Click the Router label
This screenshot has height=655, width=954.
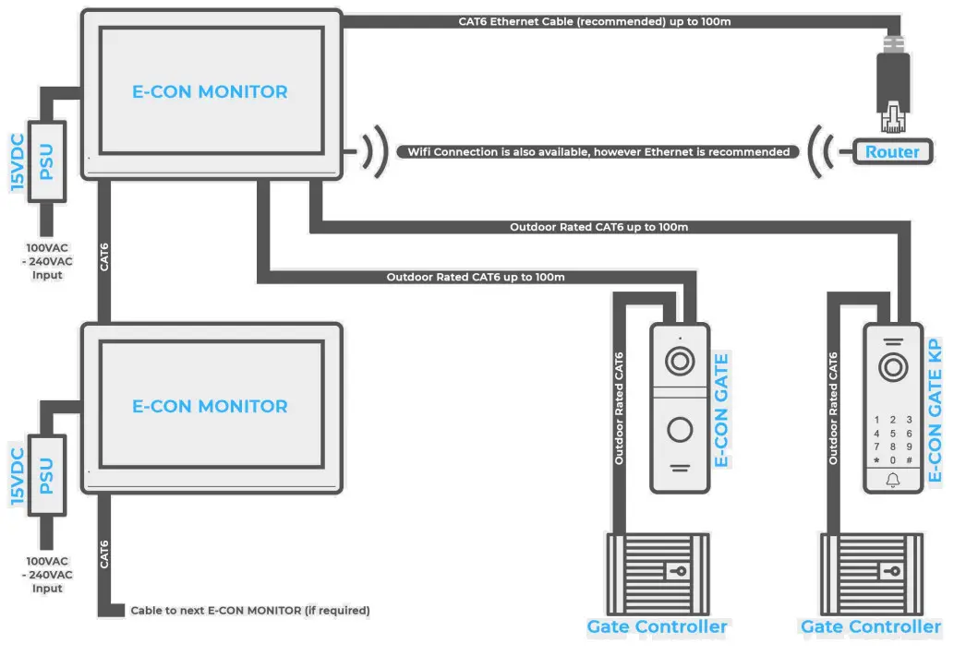(x=891, y=152)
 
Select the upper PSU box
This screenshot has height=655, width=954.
(x=46, y=162)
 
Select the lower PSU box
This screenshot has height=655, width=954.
(x=46, y=476)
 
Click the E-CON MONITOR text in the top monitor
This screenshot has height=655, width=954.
(x=210, y=92)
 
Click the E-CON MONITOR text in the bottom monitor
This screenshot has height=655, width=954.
(x=210, y=406)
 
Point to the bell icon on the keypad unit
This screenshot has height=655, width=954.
(x=892, y=480)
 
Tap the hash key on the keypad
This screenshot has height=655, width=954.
(x=910, y=459)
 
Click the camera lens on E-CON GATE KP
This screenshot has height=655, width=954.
(x=892, y=368)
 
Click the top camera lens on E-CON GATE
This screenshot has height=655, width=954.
(x=680, y=361)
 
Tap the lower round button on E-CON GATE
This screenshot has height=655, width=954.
(x=680, y=429)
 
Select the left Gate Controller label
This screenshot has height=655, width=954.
(x=657, y=627)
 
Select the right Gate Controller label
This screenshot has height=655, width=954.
(x=870, y=627)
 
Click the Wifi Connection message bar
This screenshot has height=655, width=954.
(x=598, y=151)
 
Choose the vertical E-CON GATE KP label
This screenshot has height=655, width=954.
(x=936, y=411)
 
